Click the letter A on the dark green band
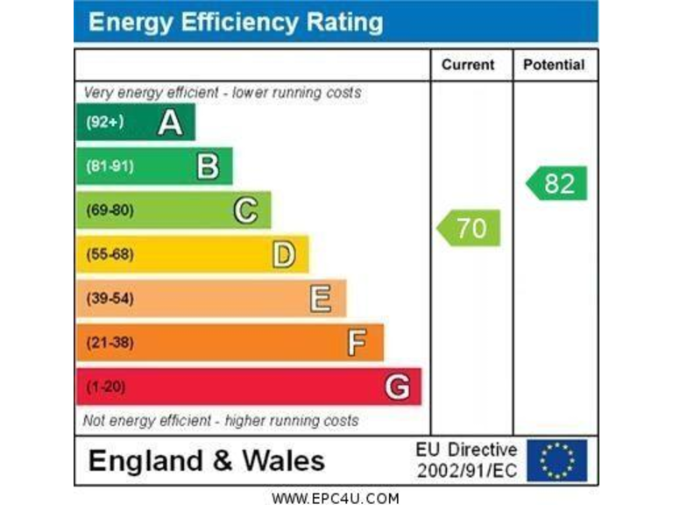click(x=170, y=123)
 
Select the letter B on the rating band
click(x=208, y=166)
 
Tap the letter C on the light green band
click(x=246, y=210)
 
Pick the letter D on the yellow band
click(x=284, y=254)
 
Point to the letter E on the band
click(x=321, y=299)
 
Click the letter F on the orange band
click(x=357, y=343)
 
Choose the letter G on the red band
click(x=397, y=387)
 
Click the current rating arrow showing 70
click(x=470, y=228)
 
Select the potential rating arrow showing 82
click(x=557, y=183)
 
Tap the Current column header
click(x=468, y=65)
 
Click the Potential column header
click(x=553, y=65)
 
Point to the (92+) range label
click(x=104, y=123)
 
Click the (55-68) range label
click(x=110, y=254)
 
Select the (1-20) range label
click(x=105, y=387)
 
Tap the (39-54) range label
click(x=110, y=299)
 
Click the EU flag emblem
click(x=557, y=460)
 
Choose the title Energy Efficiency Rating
click(x=236, y=23)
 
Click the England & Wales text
click(x=207, y=460)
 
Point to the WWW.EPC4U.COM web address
click(x=336, y=498)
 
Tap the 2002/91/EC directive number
click(x=467, y=471)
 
